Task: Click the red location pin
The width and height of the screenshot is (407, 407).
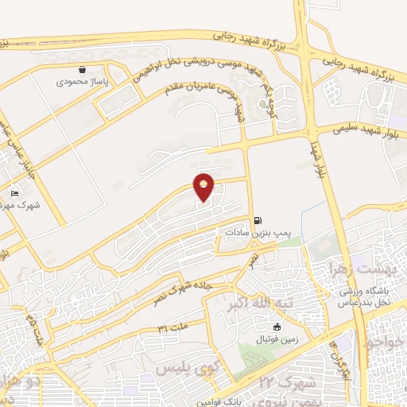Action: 204,187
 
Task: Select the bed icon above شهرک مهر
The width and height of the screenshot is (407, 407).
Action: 14,192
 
